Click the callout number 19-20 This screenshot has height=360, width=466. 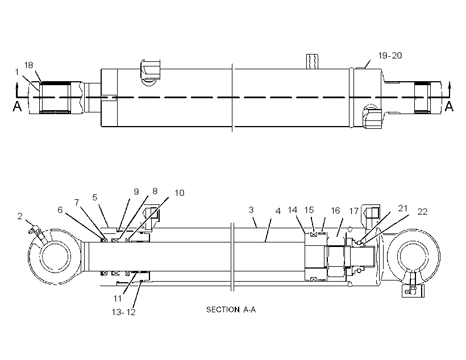pyautogui.click(x=390, y=56)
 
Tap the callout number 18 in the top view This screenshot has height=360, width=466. pyautogui.click(x=28, y=65)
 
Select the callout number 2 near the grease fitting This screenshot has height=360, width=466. pyautogui.click(x=20, y=216)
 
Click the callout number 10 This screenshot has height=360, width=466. pyautogui.click(x=179, y=193)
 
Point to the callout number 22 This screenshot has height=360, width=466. pyautogui.click(x=422, y=212)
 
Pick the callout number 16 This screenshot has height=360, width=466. pyautogui.click(x=335, y=211)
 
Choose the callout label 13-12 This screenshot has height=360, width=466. pyautogui.click(x=124, y=312)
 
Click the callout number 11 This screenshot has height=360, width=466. pyautogui.click(x=118, y=298)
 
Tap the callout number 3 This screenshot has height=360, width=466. pyautogui.click(x=251, y=210)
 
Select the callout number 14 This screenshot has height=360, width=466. pyautogui.click(x=293, y=210)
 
